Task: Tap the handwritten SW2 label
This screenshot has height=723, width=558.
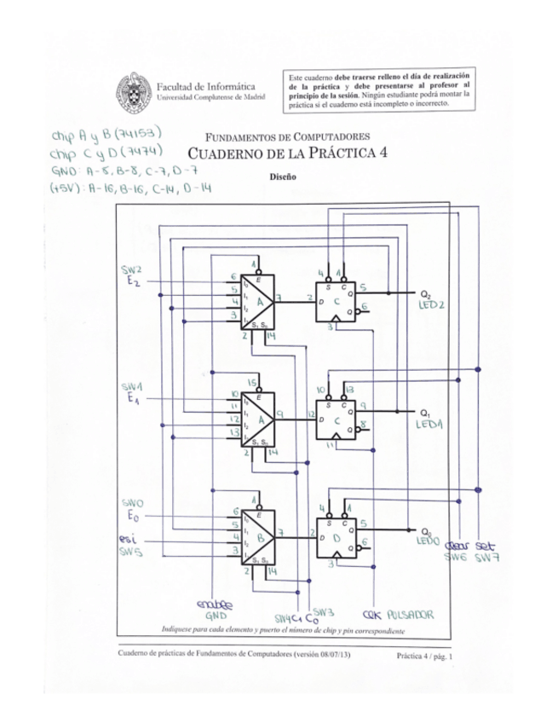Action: [132, 270]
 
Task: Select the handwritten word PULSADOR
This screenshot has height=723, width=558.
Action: [411, 614]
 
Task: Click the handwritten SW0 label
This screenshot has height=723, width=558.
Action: [132, 503]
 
